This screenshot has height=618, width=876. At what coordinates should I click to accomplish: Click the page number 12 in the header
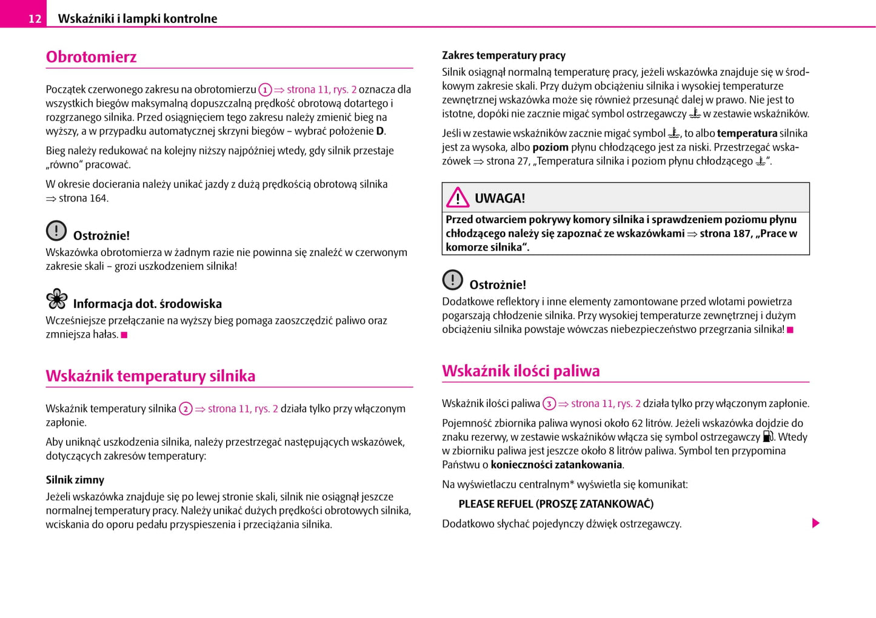[x=35, y=19]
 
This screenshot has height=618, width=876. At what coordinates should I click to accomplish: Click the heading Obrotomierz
[x=92, y=57]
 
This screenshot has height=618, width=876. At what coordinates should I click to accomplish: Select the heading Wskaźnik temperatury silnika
[x=150, y=376]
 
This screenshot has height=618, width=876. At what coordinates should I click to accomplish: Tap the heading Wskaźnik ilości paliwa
[x=521, y=371]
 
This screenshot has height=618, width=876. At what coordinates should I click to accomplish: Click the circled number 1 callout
[x=265, y=90]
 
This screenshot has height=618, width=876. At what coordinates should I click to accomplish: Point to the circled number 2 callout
[x=186, y=409]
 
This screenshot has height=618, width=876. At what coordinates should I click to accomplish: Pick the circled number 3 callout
[x=549, y=404]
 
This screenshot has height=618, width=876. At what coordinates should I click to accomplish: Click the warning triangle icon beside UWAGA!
[x=458, y=198]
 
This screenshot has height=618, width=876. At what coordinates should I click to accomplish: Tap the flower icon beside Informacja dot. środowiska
[x=57, y=299]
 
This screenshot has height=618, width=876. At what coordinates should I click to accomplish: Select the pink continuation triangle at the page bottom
[x=815, y=523]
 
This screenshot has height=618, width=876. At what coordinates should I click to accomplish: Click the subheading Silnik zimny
[x=75, y=480]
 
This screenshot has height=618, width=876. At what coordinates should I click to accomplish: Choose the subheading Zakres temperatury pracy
[x=503, y=55]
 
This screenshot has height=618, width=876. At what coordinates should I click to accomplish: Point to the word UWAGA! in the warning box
[x=500, y=198]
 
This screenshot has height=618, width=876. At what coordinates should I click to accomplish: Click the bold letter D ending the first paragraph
[x=380, y=131]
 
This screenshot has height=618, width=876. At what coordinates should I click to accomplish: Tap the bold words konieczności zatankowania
[x=556, y=465]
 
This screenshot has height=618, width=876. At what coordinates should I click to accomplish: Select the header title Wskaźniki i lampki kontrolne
[x=137, y=19]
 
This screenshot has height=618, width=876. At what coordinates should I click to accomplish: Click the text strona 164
[x=83, y=198]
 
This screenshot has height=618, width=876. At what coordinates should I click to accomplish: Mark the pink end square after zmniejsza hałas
[x=124, y=335]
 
